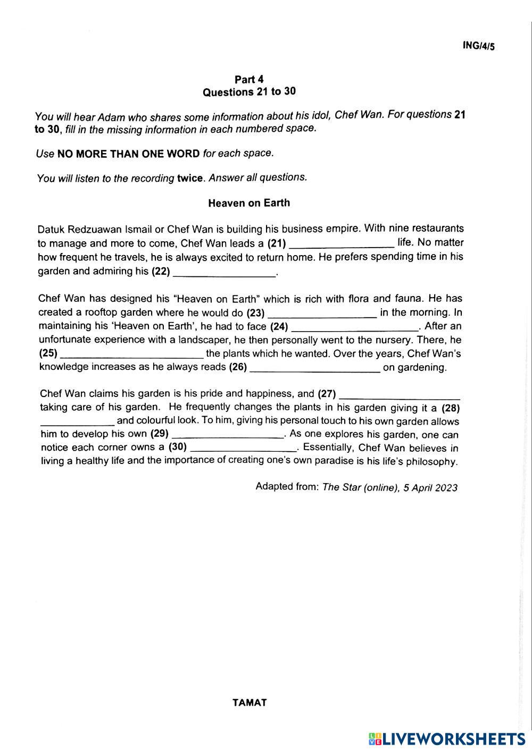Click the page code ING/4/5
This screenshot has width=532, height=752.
click(x=479, y=46)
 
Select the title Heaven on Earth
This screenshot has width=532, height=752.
click(x=249, y=203)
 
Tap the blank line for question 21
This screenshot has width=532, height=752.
click(x=341, y=245)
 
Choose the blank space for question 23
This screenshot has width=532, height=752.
click(x=323, y=314)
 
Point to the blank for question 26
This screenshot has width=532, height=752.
click(x=315, y=369)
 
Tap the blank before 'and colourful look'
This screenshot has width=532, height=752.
click(x=77, y=423)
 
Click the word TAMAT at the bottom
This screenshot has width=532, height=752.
click(x=250, y=703)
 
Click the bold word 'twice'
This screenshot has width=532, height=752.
click(x=190, y=178)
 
